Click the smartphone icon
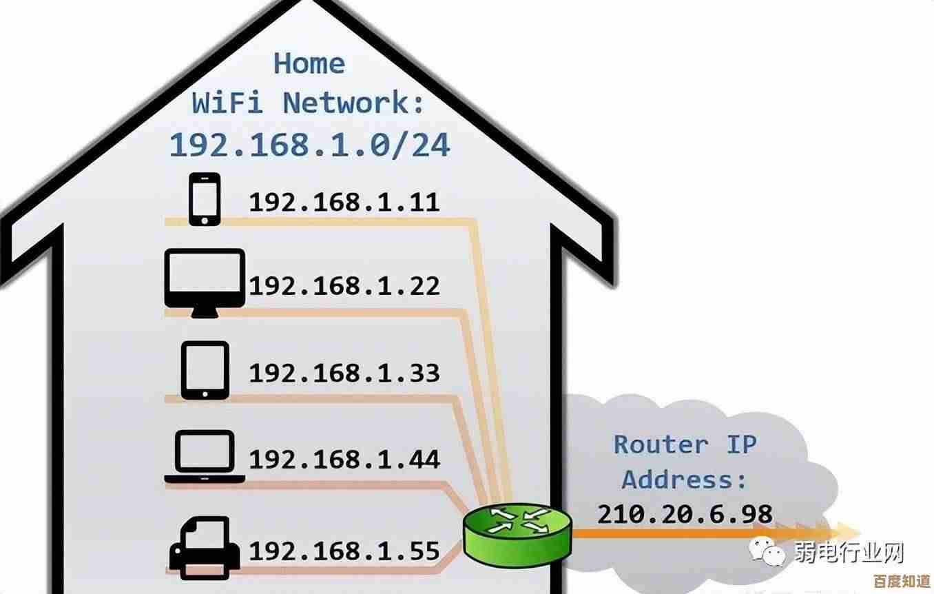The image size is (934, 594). click(204, 199)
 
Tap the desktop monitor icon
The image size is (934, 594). click(205, 283)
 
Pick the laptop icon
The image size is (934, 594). click(205, 456)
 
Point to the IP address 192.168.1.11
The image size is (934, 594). click(344, 202)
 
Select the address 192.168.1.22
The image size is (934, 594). click(344, 285)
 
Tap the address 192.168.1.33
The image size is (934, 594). click(344, 373)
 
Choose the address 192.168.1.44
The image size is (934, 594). click(344, 459)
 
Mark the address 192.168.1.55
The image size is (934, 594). click(344, 551)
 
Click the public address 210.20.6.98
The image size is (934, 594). click(685, 514)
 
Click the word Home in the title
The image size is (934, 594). click(309, 63)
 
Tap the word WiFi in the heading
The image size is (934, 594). click(227, 103)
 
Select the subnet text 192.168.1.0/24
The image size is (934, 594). click(309, 145)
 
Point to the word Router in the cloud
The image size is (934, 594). click(661, 444)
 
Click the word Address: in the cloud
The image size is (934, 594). click(685, 479)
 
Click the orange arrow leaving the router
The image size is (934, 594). click(716, 532)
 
